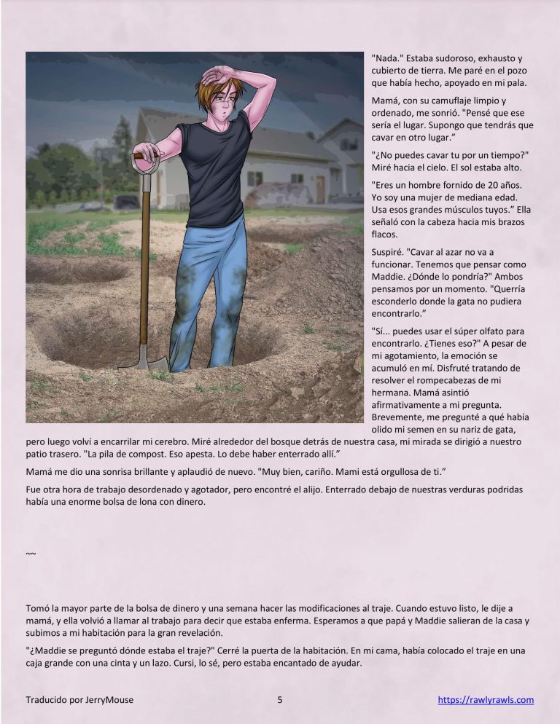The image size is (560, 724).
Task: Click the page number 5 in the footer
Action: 280,701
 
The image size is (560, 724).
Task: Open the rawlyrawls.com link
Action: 486,701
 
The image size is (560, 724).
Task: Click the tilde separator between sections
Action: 31,554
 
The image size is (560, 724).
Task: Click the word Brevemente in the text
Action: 400,417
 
